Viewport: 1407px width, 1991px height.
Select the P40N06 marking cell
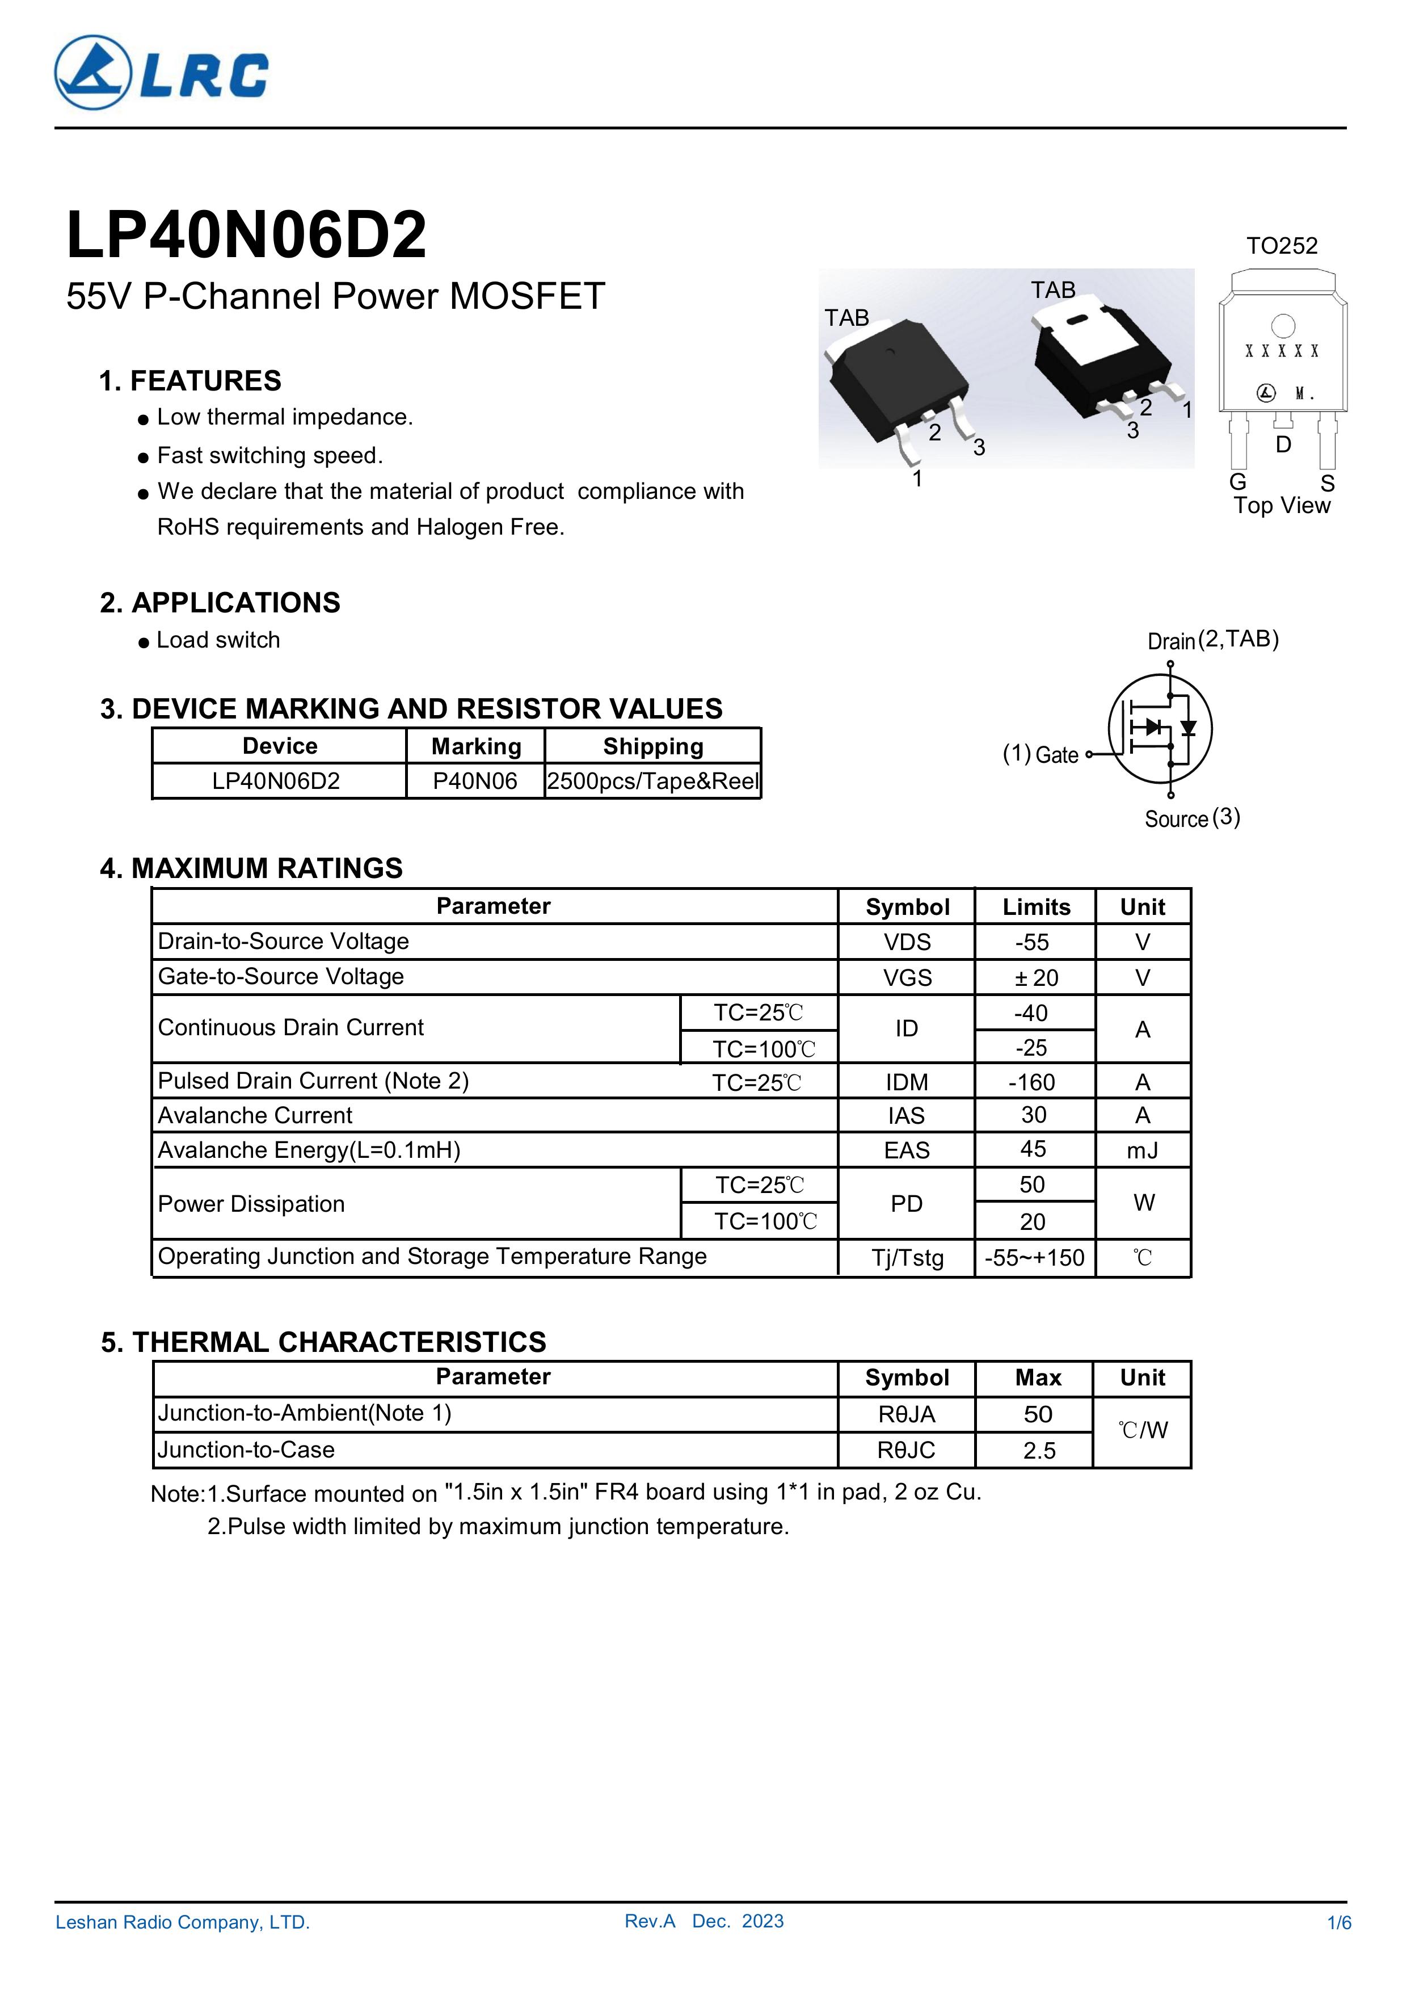pos(475,782)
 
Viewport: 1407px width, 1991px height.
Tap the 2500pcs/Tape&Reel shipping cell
pos(653,782)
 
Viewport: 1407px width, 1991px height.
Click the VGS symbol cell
pos(907,978)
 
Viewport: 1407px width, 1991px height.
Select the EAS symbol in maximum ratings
pos(907,1150)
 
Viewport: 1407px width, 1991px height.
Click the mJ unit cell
pos(1143,1150)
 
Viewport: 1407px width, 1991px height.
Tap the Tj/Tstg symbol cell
pos(907,1257)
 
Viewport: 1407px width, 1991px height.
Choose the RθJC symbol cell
pos(907,1450)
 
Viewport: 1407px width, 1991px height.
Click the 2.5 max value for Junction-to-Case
pos(1039,1451)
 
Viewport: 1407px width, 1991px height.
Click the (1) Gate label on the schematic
pos(1040,754)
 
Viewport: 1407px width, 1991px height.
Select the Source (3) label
pos(1192,818)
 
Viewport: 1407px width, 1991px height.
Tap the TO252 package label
pos(1281,246)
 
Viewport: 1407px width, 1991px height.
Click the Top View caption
pos(1281,506)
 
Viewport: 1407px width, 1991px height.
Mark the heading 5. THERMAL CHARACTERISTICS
pos(323,1342)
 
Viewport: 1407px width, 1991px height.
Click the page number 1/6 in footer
pos(1338,1922)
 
